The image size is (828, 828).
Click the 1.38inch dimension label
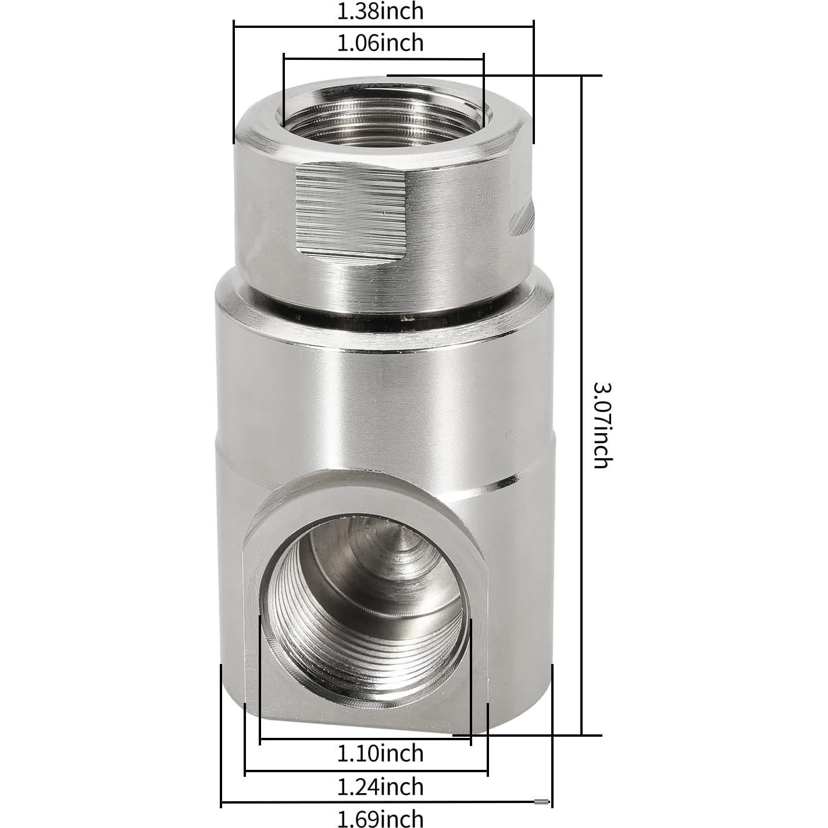[x=380, y=11]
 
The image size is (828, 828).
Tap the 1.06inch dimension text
[x=380, y=43]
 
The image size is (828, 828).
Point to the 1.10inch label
[x=380, y=754]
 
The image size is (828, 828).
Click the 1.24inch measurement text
[x=380, y=787]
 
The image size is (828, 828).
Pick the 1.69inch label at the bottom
[x=380, y=819]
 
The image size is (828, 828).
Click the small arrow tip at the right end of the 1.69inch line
[x=544, y=802]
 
